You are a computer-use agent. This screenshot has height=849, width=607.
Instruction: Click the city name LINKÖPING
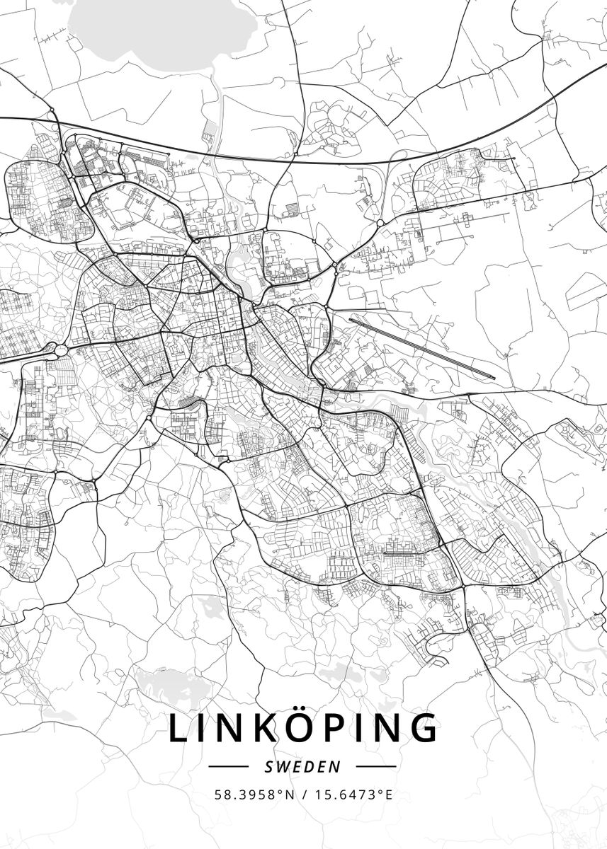[x=303, y=729]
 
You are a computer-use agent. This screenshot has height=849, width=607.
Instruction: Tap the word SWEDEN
[x=303, y=766]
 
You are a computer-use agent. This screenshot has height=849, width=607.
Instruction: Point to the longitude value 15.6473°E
[x=352, y=795]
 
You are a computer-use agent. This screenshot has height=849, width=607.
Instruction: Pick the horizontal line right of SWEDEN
[x=375, y=766]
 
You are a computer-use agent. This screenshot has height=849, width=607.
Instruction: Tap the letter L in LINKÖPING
[x=180, y=729]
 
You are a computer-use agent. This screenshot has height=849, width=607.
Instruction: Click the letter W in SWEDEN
[x=281, y=766]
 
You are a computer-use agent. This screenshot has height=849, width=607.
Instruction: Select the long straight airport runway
[x=421, y=346]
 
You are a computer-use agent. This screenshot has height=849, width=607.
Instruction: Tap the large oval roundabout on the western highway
[x=56, y=350]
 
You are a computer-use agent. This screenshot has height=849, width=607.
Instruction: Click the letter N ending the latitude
[x=290, y=795]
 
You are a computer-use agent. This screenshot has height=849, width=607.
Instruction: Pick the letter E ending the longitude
[x=388, y=795]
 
